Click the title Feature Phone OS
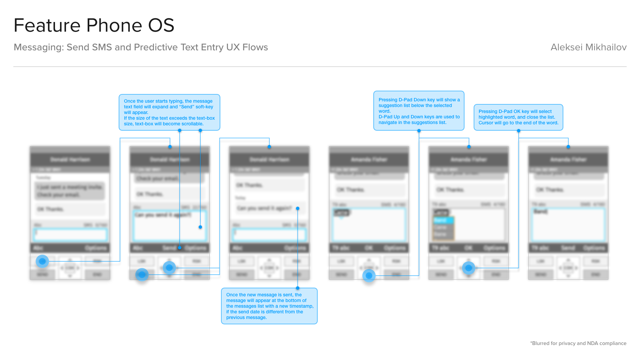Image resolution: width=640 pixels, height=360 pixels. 94,25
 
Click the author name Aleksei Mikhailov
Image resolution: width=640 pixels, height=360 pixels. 588,47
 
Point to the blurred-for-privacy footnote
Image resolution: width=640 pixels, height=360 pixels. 578,343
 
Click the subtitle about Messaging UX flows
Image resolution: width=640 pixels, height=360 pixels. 141,47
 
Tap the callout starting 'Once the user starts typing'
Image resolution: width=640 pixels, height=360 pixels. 169,112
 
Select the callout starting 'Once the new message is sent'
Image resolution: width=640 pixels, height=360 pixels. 269,306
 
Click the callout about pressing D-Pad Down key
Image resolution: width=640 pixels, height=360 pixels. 419,111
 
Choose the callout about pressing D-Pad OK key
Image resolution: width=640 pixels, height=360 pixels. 518,117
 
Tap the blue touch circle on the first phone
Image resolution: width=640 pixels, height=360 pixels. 42,261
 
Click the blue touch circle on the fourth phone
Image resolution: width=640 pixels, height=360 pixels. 369,276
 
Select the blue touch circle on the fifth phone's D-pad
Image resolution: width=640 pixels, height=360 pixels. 469,268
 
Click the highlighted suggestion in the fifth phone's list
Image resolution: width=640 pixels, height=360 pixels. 443,220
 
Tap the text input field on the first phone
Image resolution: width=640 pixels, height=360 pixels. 70,234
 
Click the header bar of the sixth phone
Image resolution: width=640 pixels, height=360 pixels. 568,160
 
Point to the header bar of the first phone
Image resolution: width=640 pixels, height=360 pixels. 70,160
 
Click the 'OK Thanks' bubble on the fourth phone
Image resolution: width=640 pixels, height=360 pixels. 369,190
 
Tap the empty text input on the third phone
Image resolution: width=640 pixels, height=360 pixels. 269,234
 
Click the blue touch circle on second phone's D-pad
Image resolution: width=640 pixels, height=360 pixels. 169,267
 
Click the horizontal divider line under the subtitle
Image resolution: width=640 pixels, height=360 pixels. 320,67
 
